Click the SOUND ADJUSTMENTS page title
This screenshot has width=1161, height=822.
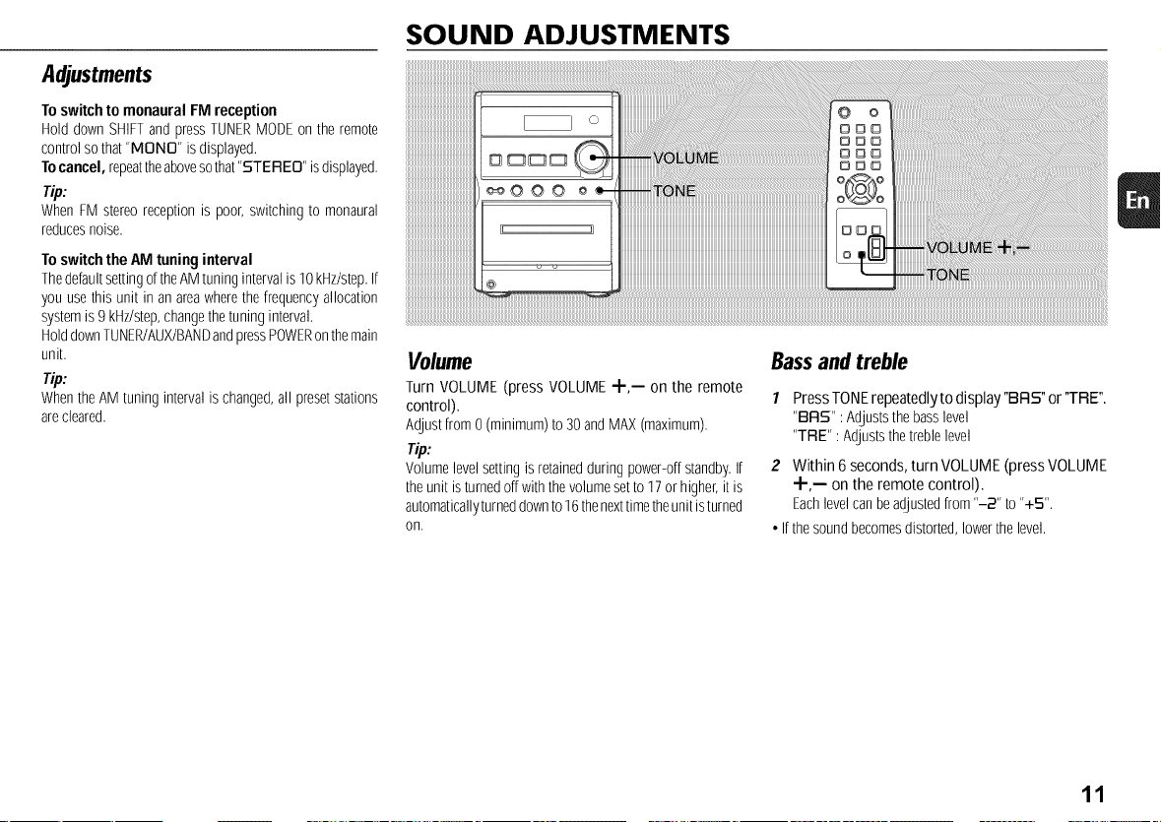[x=567, y=34]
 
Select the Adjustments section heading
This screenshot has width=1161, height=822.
[x=97, y=75]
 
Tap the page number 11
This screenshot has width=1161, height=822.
[x=1093, y=794]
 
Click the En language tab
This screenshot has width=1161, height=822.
[x=1138, y=200]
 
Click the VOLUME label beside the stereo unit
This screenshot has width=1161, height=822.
[x=685, y=158]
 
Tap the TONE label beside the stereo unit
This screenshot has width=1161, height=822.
[x=674, y=192]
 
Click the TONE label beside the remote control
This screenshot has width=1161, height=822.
[x=947, y=276]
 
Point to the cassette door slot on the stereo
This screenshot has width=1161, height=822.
[x=547, y=229]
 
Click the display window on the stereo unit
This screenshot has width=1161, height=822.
[x=548, y=123]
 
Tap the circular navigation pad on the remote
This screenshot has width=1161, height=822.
[x=860, y=189]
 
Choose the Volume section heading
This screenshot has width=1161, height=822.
[x=439, y=362]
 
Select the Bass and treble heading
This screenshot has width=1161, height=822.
[x=839, y=362]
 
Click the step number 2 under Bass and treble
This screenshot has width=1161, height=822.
[x=775, y=466]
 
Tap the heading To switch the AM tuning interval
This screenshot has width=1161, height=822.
[x=147, y=260]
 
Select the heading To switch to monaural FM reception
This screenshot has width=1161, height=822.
[x=160, y=111]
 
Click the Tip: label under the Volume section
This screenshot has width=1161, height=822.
[x=419, y=450]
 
